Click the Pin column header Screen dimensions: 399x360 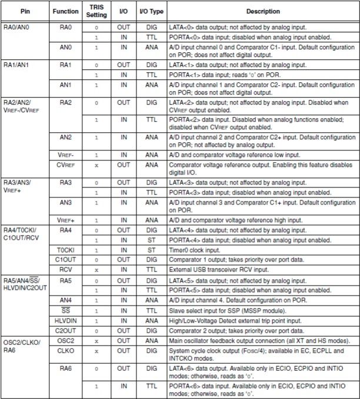[24, 11]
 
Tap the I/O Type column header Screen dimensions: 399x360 [151, 11]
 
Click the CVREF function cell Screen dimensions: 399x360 [65, 165]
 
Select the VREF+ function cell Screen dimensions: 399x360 [65, 220]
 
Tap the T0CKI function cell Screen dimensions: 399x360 [65, 250]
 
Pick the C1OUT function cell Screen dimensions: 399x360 [65, 259]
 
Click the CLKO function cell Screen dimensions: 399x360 [65, 351]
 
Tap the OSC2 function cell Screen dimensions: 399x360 [65, 341]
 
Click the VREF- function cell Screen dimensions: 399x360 [65, 155]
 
